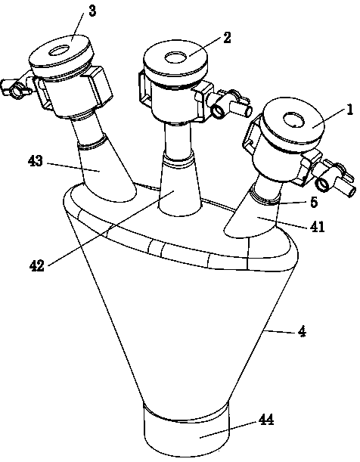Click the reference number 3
tap(92, 11)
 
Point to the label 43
tap(36, 161)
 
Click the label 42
tap(37, 265)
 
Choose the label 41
tap(316, 227)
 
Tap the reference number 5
tap(314, 202)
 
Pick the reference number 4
tap(302, 332)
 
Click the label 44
tap(266, 419)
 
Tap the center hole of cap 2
tap(175, 57)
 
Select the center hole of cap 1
tap(293, 120)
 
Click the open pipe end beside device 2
tap(219, 111)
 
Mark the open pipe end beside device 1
tap(322, 184)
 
